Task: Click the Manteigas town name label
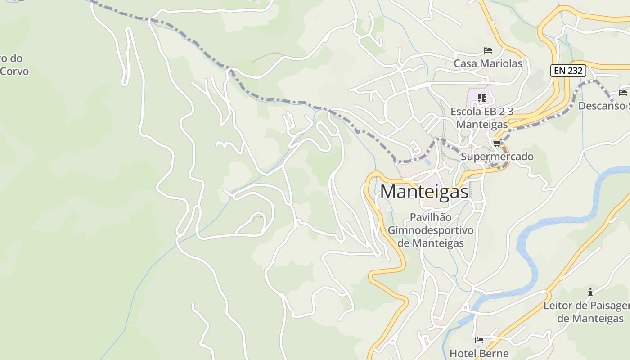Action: (424, 192)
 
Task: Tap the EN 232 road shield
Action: (568, 71)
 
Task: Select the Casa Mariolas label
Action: (488, 63)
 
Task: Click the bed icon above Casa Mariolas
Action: (488, 50)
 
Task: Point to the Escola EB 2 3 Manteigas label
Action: (482, 118)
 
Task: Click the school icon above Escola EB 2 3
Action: (482, 98)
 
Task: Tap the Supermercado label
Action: (497, 157)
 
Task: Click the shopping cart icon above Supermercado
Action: (497, 144)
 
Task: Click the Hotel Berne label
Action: (479, 353)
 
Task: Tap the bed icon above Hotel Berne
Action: (479, 340)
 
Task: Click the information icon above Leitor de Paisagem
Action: (590, 292)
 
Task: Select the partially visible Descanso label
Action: (603, 106)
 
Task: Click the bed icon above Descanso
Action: (623, 93)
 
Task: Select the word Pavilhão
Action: (431, 217)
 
